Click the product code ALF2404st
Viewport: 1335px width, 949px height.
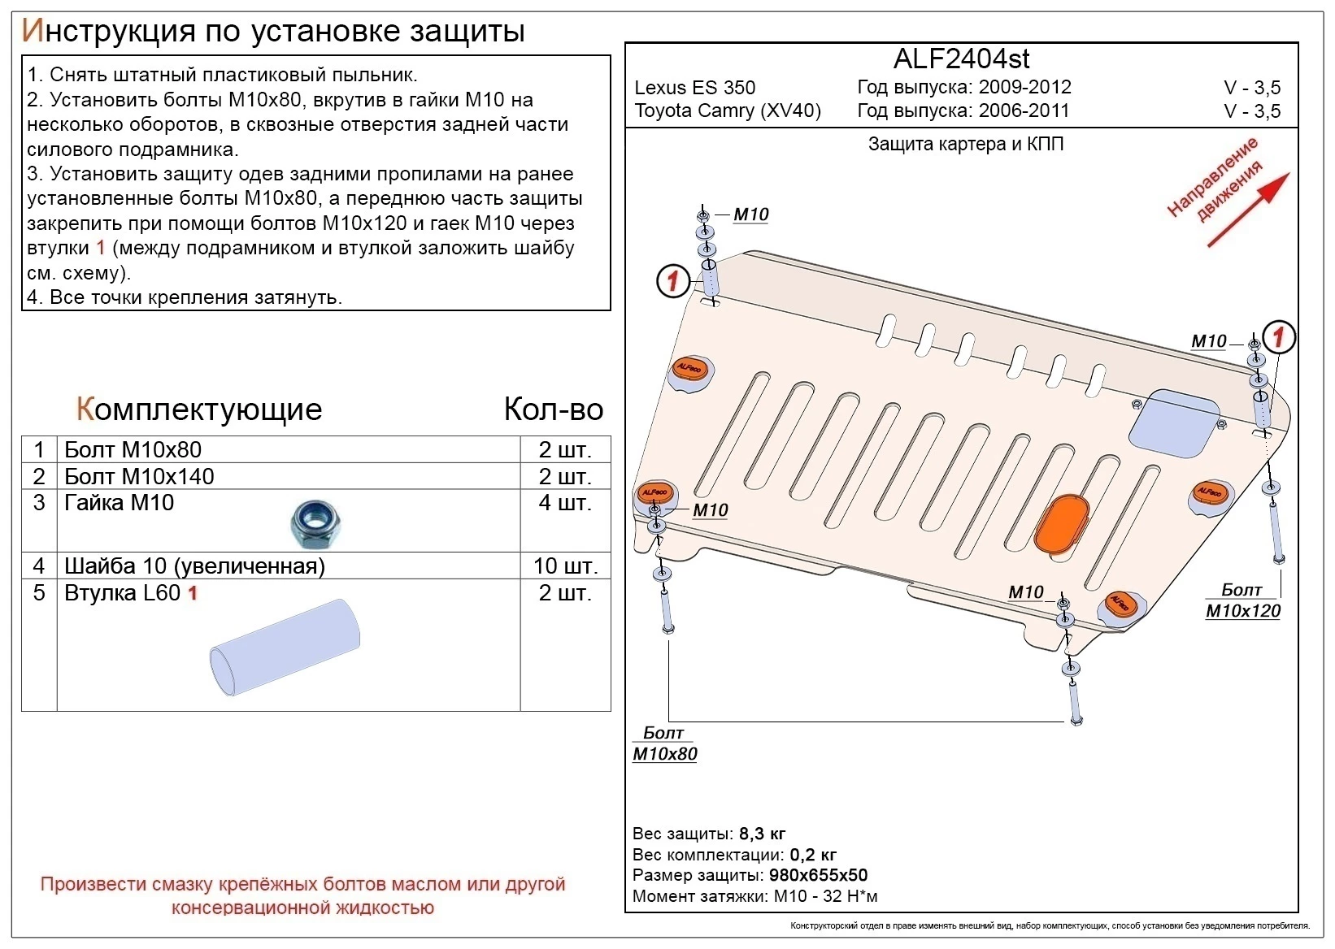pyautogui.click(x=961, y=59)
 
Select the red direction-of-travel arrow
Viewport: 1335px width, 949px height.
pyautogui.click(x=1247, y=210)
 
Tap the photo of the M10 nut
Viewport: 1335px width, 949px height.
pyautogui.click(x=315, y=524)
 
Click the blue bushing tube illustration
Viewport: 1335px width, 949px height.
pyautogui.click(x=285, y=647)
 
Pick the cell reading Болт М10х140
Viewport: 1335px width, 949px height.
pyautogui.click(x=139, y=476)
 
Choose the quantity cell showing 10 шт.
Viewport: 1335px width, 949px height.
pyautogui.click(x=565, y=565)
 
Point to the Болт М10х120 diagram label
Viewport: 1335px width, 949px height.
pyautogui.click(x=1242, y=601)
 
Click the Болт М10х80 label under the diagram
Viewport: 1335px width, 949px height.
pyautogui.click(x=664, y=744)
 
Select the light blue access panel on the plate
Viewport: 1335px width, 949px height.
pyautogui.click(x=1172, y=421)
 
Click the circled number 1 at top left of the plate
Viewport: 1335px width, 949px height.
pyautogui.click(x=673, y=282)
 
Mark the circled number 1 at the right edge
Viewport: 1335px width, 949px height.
pyautogui.click(x=1279, y=336)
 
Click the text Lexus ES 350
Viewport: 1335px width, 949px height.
pyautogui.click(x=694, y=88)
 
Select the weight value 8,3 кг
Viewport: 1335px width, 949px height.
pyautogui.click(x=762, y=834)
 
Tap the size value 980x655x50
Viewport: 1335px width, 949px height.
pyautogui.click(x=818, y=875)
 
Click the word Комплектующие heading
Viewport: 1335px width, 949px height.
pyautogui.click(x=199, y=409)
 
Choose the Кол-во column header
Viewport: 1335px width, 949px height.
pyautogui.click(x=553, y=409)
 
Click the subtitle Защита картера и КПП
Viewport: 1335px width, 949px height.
pyautogui.click(x=965, y=145)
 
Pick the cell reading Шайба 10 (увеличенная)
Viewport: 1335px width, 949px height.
pyautogui.click(x=194, y=565)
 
